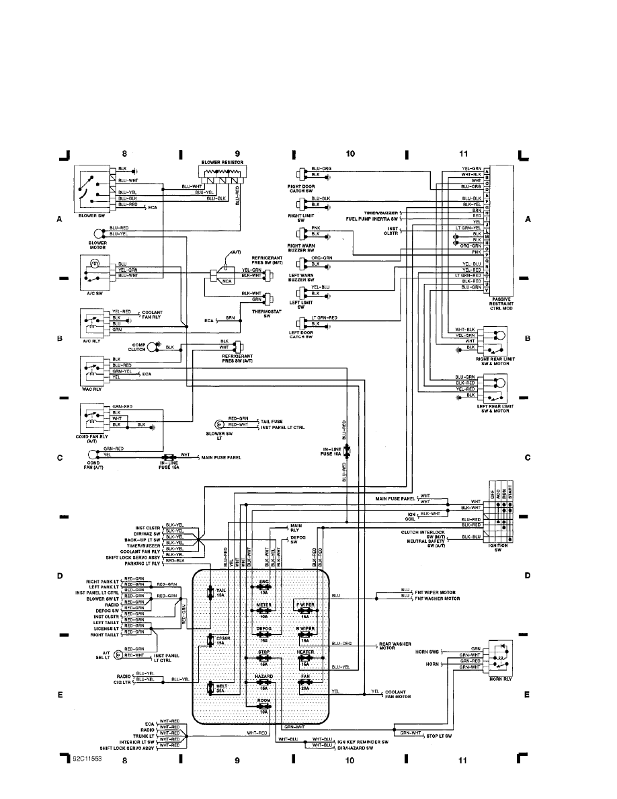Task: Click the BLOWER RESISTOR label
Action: (222, 163)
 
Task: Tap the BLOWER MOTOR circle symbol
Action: (99, 233)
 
